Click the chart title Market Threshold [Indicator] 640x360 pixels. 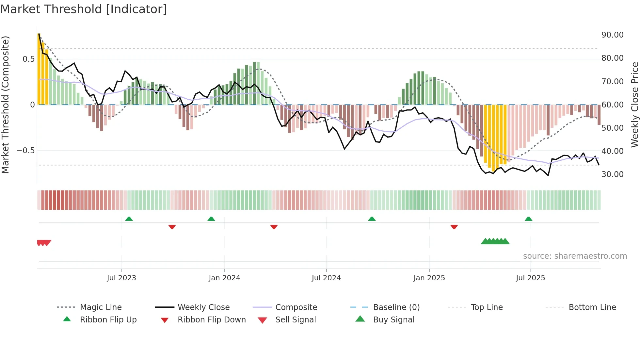point(84,9)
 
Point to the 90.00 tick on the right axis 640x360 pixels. point(612,35)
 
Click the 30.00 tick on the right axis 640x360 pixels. point(612,174)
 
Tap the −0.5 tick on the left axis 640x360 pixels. point(26,151)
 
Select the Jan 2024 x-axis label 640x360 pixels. point(224,278)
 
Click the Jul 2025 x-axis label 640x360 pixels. point(530,278)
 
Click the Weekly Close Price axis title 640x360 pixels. point(634,105)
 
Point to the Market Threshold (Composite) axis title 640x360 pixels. point(5,105)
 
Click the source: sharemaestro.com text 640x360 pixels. point(575,256)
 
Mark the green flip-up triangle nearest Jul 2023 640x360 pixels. point(129,219)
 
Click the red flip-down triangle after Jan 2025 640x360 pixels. point(454,227)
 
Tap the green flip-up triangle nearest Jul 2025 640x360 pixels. point(528,219)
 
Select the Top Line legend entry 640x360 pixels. point(487,307)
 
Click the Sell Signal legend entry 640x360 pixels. point(295,320)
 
